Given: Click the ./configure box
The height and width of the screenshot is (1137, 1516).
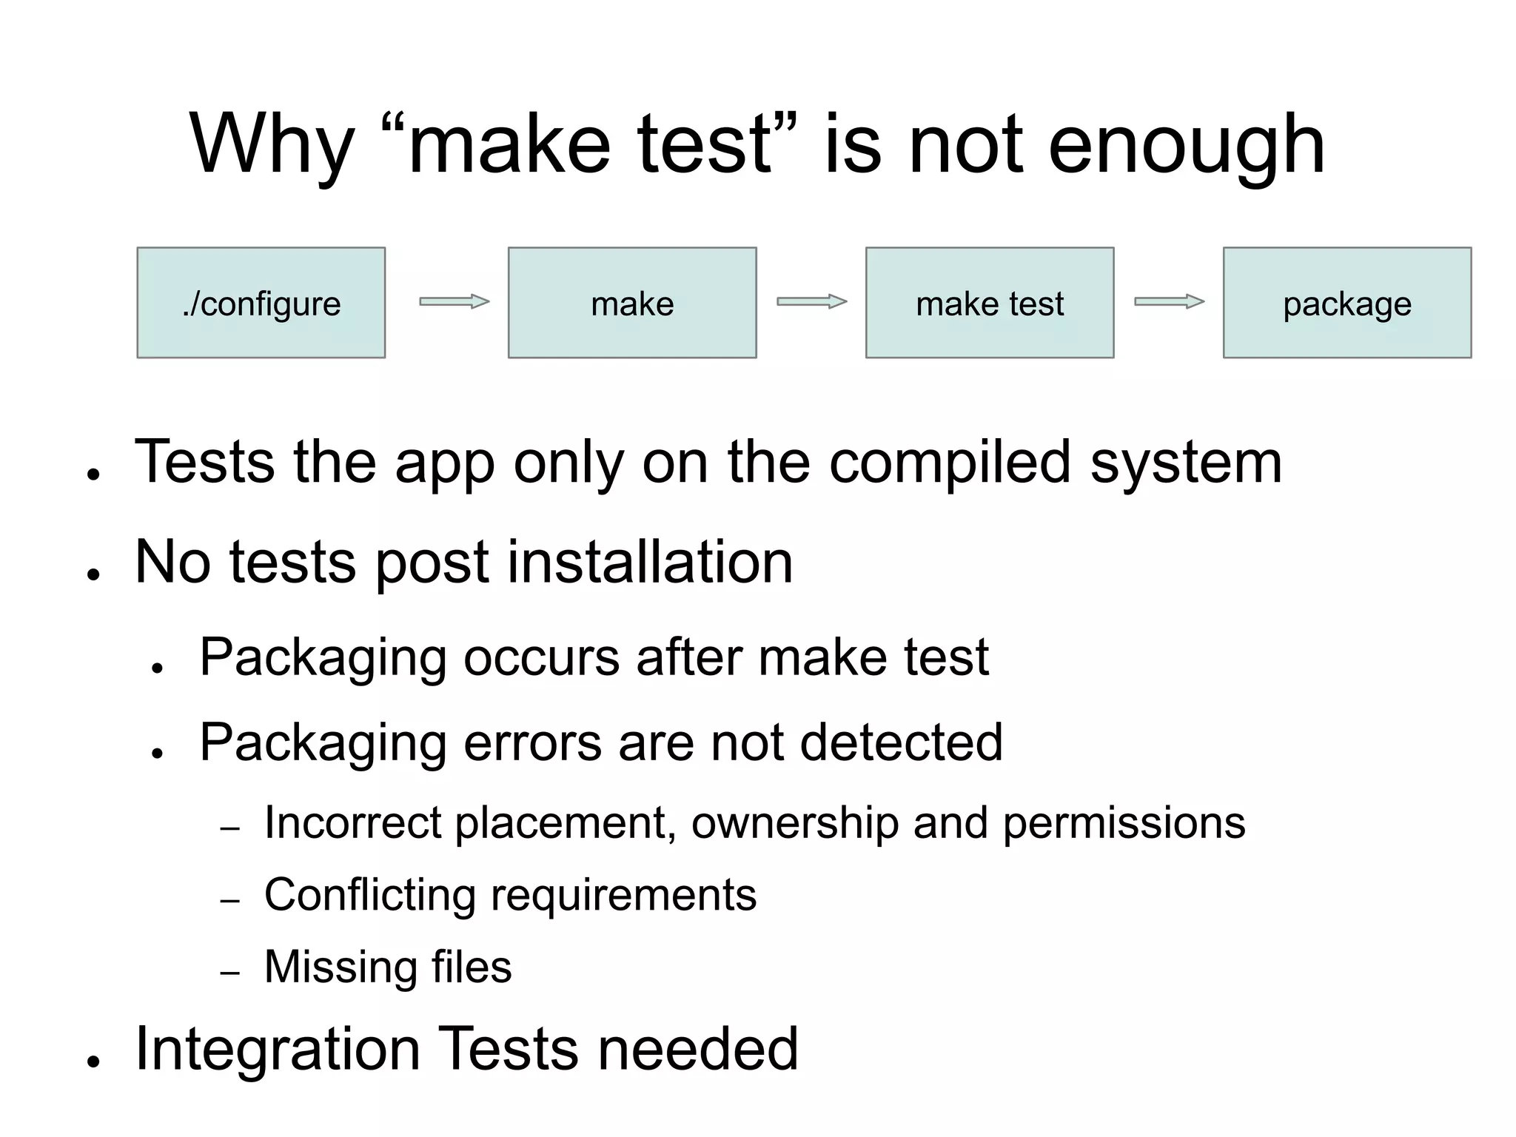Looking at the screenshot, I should click(261, 303).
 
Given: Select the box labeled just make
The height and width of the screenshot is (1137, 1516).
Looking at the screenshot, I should click(632, 303).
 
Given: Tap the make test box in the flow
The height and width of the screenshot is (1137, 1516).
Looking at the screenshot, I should click(990, 303).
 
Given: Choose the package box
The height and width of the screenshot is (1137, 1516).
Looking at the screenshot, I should click(1347, 303).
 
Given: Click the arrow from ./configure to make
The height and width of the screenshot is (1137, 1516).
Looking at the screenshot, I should click(455, 301).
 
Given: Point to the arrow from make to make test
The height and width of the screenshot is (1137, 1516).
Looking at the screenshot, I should click(812, 301).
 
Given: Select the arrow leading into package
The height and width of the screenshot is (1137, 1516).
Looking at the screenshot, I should click(1170, 301).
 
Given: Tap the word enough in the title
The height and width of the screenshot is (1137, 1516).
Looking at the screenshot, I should click(1186, 144).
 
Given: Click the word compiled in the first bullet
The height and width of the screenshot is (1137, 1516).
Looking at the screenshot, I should click(950, 463).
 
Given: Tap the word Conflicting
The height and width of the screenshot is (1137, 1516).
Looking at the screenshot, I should click(369, 895).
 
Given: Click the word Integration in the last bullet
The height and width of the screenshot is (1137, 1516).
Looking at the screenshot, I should click(278, 1050).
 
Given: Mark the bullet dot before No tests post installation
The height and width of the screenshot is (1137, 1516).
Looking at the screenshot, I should click(93, 574).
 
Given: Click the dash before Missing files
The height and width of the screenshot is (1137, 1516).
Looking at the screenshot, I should click(230, 973).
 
